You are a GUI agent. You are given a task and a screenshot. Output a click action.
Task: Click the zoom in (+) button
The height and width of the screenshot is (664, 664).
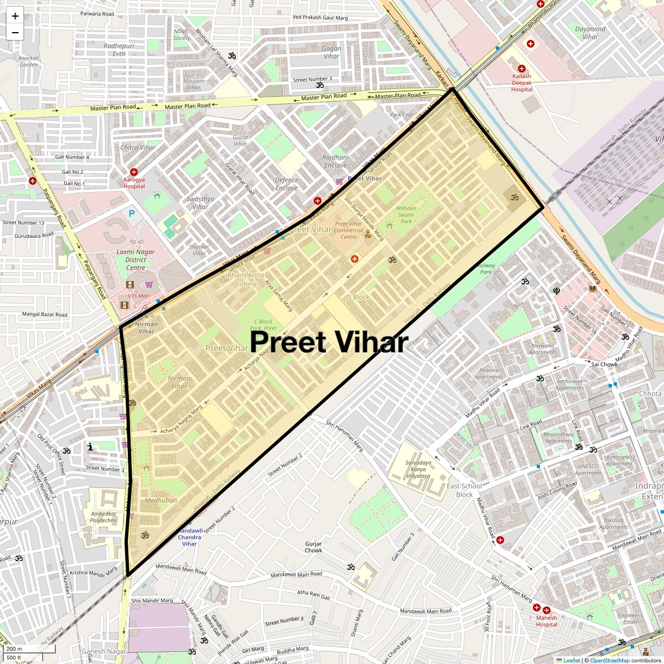[15, 16]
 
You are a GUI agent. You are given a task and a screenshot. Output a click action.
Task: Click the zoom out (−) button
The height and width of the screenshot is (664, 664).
[15, 33]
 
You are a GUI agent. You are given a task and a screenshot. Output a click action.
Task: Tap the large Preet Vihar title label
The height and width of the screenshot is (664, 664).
[329, 342]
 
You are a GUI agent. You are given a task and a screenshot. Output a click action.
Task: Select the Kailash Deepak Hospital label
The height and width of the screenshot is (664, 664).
[521, 83]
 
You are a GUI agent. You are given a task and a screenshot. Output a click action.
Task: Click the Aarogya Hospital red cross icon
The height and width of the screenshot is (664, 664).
[134, 173]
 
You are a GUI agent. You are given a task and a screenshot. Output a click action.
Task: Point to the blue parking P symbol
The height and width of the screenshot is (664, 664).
[132, 214]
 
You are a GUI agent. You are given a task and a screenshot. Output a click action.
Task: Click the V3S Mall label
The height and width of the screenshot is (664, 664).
[138, 296]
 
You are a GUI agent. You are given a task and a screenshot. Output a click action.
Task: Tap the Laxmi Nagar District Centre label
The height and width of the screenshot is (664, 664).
[136, 260]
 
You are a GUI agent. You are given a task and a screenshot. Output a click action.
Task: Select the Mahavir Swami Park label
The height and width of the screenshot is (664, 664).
[406, 215]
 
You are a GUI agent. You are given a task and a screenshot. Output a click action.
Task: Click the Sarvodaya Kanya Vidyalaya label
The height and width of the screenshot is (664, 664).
[418, 469]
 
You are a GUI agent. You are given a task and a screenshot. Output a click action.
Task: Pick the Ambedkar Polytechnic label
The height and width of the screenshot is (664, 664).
[104, 517]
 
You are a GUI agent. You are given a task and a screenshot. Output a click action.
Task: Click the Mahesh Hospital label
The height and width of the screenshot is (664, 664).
[546, 621]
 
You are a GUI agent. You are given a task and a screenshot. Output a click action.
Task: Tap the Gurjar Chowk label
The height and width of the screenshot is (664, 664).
[313, 547]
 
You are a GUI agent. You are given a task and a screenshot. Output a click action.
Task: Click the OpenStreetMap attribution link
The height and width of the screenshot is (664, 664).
[609, 660]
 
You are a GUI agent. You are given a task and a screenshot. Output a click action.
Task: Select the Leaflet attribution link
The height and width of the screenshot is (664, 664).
[572, 660]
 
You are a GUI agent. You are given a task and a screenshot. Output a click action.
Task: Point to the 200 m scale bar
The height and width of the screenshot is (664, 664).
[15, 649]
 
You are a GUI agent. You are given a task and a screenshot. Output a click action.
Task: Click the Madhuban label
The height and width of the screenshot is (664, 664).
[161, 500]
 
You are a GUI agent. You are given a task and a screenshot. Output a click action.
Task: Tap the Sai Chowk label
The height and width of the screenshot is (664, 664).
[604, 364]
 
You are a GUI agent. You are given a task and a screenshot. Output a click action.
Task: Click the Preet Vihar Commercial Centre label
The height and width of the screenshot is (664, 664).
[349, 230]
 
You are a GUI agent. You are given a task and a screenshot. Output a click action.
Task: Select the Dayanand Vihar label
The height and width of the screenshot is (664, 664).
[590, 33]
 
